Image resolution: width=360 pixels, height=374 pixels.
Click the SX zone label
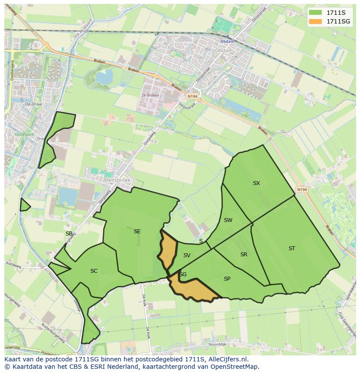(x=256, y=183)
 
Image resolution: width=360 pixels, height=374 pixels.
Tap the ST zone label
(x=292, y=248)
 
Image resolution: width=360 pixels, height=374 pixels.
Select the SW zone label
(x=228, y=220)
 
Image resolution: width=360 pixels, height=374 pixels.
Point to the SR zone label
(x=243, y=255)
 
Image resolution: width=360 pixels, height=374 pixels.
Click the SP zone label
(x=227, y=279)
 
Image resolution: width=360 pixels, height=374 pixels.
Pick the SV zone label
(x=187, y=255)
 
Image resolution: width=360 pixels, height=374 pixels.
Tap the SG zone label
(x=183, y=275)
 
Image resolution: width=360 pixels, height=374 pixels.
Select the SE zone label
(x=137, y=232)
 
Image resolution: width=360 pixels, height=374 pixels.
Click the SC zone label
(x=94, y=271)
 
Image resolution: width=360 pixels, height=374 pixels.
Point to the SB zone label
(x=69, y=234)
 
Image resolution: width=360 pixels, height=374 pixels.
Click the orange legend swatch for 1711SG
(x=316, y=21)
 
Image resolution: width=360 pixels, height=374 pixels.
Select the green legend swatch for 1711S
(x=316, y=13)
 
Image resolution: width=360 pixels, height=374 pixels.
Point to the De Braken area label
(x=150, y=96)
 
